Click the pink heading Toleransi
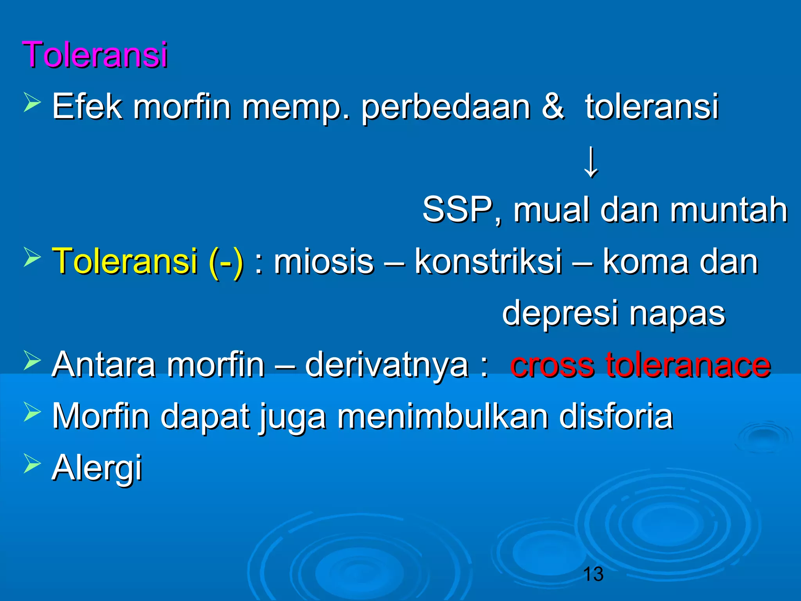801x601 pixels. coord(95,54)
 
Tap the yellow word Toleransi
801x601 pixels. coord(125,261)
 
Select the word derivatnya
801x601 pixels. coord(386,365)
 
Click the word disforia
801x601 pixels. coord(616,416)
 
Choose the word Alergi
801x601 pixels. coord(97,468)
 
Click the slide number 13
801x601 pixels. coord(593,574)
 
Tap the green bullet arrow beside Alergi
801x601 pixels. coord(32,463)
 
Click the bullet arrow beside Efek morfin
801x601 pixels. coord(32,103)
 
